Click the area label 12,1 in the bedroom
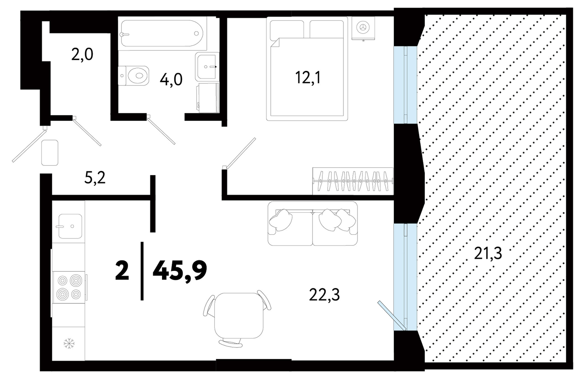[x=308, y=78]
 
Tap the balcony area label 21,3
[x=488, y=254]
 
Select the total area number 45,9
[x=180, y=271]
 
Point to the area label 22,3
[x=324, y=295]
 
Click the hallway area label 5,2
[x=95, y=178]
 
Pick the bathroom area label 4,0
[x=171, y=79]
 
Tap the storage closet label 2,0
[x=82, y=55]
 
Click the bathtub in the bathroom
[x=162, y=33]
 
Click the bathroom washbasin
[x=207, y=67]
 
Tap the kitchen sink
[x=70, y=226]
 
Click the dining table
[x=238, y=315]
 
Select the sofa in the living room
[x=313, y=223]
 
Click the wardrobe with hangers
[x=353, y=181]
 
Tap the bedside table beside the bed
[x=363, y=28]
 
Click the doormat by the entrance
[x=50, y=153]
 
